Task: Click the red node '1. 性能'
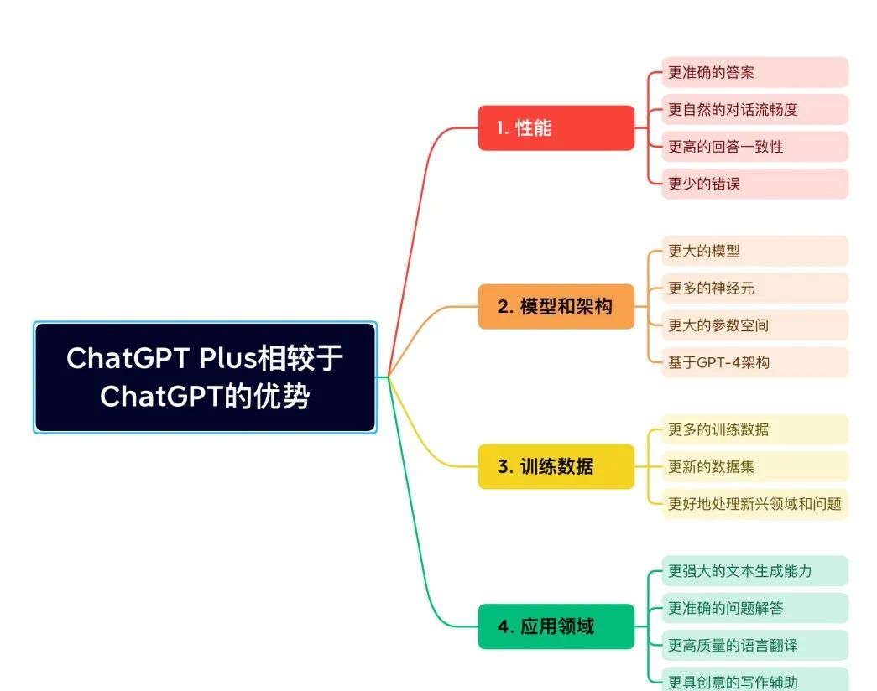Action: tap(556, 128)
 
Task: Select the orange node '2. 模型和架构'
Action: tap(556, 307)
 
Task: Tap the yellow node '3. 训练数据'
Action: tap(556, 466)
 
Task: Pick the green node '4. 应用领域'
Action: tap(556, 626)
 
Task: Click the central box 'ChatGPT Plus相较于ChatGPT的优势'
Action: tap(205, 377)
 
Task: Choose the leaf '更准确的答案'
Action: tap(754, 73)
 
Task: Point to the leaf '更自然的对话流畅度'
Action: tap(754, 110)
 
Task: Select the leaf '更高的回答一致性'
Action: tap(754, 147)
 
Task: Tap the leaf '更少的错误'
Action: tap(754, 184)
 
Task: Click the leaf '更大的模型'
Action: tap(754, 251)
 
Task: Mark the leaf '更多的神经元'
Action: tap(754, 288)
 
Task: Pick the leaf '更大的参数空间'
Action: tap(754, 325)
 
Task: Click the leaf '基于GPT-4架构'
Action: tap(754, 362)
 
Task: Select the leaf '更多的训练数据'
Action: tap(754, 429)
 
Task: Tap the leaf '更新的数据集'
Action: tap(754, 466)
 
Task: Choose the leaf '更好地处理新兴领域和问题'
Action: tap(754, 504)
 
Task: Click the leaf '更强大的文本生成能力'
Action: tap(754, 571)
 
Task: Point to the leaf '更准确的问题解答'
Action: tap(754, 608)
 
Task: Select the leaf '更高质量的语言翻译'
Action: tap(754, 645)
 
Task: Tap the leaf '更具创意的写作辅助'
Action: tap(754, 680)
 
